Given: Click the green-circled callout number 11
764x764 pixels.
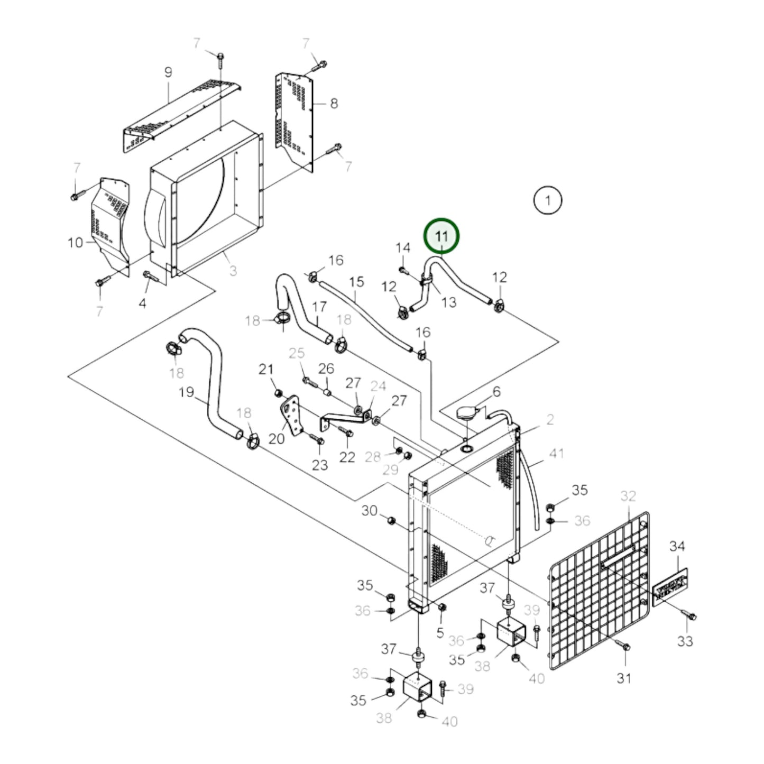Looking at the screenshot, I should click(441, 236).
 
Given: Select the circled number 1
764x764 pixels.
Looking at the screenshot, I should click(548, 200).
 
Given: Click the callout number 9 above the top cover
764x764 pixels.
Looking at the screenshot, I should click(168, 72).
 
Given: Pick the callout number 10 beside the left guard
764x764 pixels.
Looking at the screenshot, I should click(75, 243).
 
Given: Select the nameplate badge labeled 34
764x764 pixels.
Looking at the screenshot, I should click(670, 587).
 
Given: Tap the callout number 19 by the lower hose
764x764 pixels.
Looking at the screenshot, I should click(187, 392).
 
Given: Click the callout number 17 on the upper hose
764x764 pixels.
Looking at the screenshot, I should click(319, 307).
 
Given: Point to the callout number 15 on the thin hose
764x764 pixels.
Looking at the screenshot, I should click(357, 281).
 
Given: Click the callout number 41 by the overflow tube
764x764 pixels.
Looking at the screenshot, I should click(557, 453).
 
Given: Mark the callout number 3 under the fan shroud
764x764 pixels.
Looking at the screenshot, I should click(233, 271).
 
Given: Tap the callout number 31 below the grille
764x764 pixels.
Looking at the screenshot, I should click(624, 678).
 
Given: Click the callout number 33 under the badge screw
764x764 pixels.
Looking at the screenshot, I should click(685, 641).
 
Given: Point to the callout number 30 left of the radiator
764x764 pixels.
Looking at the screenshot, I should click(369, 510).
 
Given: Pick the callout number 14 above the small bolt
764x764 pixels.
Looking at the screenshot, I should click(403, 248).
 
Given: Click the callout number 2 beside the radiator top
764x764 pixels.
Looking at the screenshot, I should click(550, 419).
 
